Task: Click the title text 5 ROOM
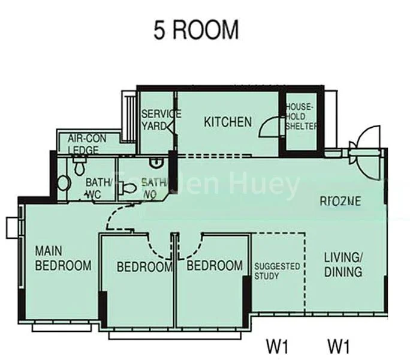(196, 31)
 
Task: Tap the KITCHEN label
(228, 122)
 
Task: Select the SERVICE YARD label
(160, 120)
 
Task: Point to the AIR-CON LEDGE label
(87, 143)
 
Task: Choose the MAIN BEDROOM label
(62, 258)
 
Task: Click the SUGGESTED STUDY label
(277, 271)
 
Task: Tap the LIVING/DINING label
(343, 265)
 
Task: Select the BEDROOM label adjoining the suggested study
(215, 265)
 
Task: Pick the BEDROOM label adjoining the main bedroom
(144, 266)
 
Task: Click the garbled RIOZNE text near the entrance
(340, 202)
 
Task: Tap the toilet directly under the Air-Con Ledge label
(79, 166)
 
